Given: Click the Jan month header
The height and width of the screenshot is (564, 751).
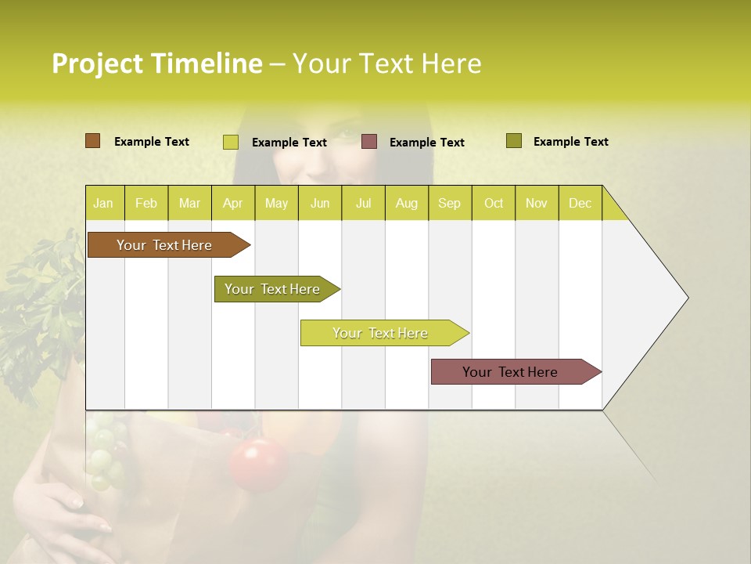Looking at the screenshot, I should (103, 203).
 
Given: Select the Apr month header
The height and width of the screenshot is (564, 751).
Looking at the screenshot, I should (233, 203).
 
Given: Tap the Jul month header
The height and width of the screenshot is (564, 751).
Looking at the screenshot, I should (363, 203).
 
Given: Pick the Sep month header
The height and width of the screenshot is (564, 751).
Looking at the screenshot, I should (449, 203).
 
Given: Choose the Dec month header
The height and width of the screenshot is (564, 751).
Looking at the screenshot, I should (580, 203).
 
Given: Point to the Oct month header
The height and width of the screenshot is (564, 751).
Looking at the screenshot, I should (494, 203).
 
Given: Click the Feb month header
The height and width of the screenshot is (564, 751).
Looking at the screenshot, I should (146, 203).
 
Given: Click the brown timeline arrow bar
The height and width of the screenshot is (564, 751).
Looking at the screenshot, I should (164, 245).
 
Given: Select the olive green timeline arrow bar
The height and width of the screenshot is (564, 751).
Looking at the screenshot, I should (273, 289).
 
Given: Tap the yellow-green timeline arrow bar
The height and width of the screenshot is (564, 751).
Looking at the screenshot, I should (380, 333).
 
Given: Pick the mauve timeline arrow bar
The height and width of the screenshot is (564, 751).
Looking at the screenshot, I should (511, 372).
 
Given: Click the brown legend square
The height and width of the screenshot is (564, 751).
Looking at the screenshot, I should (92, 141).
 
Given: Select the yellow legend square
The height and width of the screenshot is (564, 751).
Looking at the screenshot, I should (230, 142).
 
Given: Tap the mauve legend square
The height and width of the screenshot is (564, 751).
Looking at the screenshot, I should (369, 142).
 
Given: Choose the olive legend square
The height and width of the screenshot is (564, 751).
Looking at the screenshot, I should (513, 141).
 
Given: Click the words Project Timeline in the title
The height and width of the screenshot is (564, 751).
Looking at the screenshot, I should (156, 63).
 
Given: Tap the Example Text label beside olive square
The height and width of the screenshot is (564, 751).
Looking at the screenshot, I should (570, 141).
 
